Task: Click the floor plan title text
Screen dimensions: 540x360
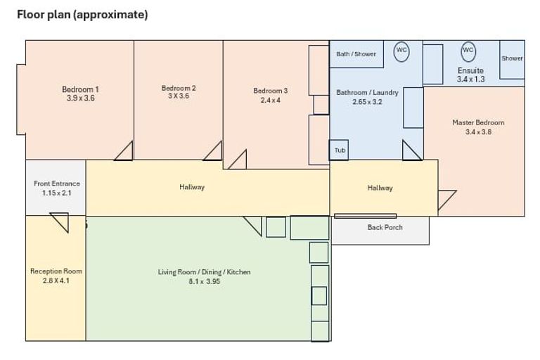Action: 82,15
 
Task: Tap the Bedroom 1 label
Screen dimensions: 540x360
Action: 80,89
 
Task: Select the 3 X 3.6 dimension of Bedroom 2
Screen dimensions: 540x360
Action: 179,96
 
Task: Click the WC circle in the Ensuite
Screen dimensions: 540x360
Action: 468,51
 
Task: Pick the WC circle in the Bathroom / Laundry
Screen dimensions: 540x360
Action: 401,51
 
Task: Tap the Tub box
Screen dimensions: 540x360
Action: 339,150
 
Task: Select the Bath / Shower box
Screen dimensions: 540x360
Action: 356,54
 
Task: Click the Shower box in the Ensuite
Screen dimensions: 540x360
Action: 512,60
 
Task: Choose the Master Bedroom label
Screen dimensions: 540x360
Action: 478,122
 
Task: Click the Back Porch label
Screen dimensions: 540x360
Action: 385,227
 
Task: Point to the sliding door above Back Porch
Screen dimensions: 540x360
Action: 365,216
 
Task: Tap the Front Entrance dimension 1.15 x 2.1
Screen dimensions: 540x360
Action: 56,193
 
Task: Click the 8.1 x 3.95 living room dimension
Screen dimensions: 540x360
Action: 204,281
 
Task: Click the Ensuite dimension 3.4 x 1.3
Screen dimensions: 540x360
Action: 471,79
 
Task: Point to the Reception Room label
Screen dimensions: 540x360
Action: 56,271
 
